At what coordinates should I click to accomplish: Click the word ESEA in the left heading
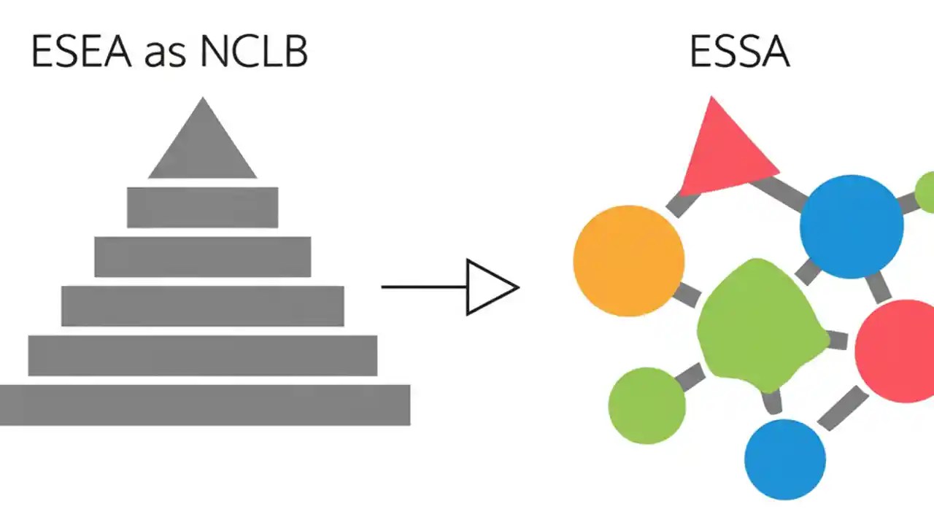[x=80, y=52]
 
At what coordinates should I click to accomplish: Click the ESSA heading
[x=739, y=52]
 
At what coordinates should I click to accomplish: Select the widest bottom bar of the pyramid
[x=204, y=405]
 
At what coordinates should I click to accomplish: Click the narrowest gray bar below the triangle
[x=202, y=207]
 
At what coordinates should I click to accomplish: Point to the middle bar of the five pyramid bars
[x=202, y=306]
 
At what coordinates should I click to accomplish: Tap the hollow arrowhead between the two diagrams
[x=490, y=287]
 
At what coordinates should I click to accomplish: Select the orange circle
[x=628, y=260]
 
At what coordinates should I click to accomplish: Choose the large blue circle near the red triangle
[x=851, y=226]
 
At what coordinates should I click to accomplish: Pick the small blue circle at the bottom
[x=784, y=459]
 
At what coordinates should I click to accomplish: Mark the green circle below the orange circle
[x=647, y=405]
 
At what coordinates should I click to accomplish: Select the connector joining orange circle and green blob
[x=686, y=293]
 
